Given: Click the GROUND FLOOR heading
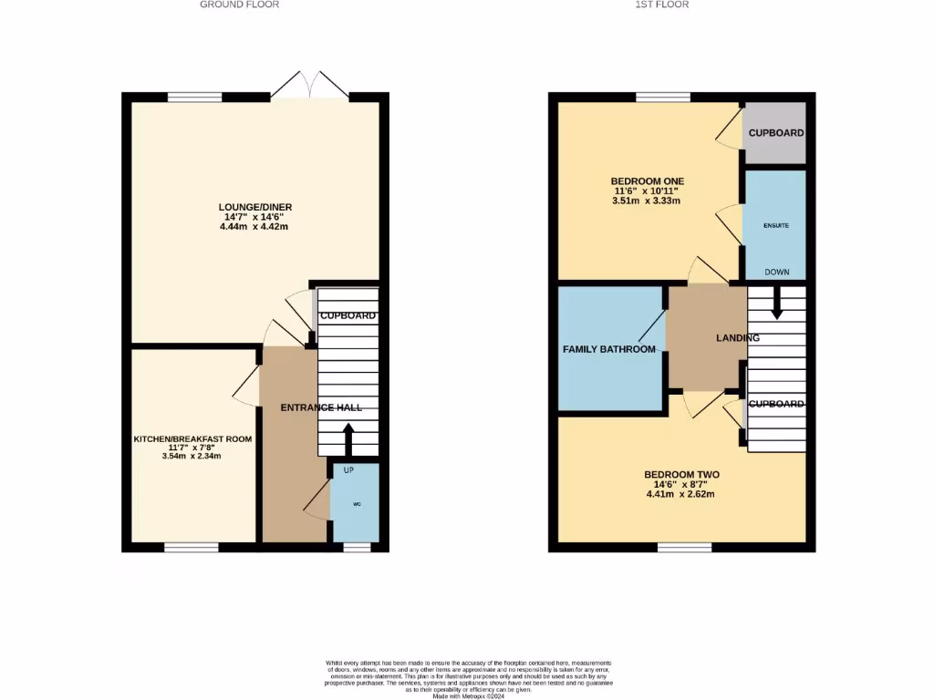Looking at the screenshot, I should pos(239,5).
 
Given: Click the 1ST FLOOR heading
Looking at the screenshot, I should pos(662,5).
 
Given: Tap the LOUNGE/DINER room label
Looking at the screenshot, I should pos(255,207).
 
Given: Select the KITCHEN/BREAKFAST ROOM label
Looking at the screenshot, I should pos(192,438).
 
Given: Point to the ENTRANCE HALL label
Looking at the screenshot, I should pos(321,407).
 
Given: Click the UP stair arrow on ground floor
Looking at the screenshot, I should pos(348,443).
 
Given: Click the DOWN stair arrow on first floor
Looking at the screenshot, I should pos(776,304).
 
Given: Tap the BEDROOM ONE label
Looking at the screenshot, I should pos(647,180).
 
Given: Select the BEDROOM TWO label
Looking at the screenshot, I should pos(681,475).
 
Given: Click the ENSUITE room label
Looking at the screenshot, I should pos(776,224).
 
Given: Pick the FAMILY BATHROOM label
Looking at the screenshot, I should pos(608,349).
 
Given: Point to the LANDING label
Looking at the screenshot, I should pos(737,338).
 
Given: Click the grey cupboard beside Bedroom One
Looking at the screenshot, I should pos(775,133).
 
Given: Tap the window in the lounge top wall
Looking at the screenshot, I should pos(195,97).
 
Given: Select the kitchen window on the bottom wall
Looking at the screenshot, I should pos(192,547).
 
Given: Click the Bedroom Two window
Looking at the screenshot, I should pos(684,547).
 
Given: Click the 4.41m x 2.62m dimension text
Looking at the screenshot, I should pos(680,495).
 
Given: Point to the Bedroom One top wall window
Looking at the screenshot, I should pos(662,97).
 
